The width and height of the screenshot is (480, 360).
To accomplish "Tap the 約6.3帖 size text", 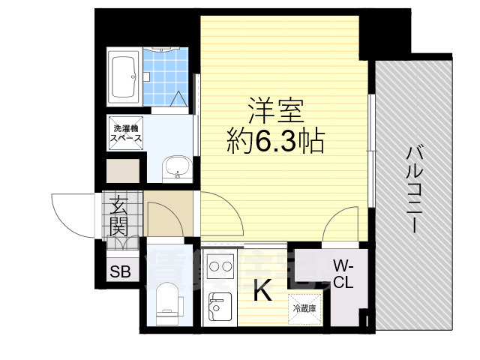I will (276, 140).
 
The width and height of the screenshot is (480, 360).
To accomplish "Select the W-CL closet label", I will (343, 274).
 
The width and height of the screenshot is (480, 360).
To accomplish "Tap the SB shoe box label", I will (120, 271).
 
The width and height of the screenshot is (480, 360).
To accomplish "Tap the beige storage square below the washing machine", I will (122, 172).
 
